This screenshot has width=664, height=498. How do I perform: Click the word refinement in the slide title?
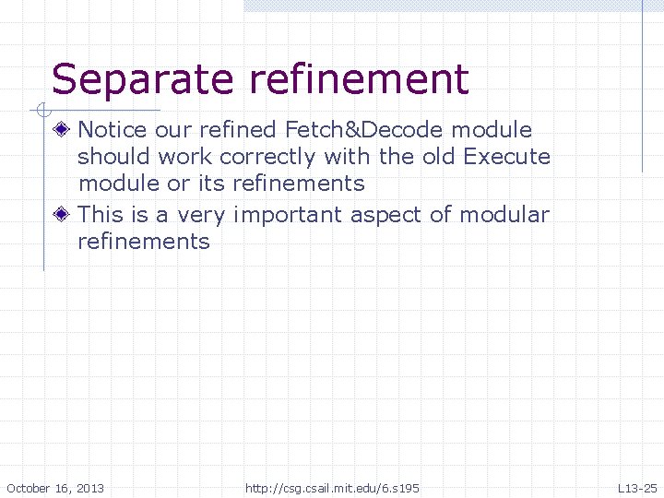point(359,80)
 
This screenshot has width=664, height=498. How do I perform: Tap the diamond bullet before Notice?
point(62,130)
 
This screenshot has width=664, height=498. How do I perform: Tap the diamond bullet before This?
point(62,215)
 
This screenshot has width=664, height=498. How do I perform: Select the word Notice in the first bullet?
point(113,130)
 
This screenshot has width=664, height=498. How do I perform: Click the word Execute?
point(506,157)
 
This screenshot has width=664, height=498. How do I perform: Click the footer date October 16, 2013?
point(55,487)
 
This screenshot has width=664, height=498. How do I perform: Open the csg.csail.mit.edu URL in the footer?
point(332,487)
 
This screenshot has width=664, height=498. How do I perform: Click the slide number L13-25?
point(637,487)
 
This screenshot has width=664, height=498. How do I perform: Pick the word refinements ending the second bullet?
point(144,242)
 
